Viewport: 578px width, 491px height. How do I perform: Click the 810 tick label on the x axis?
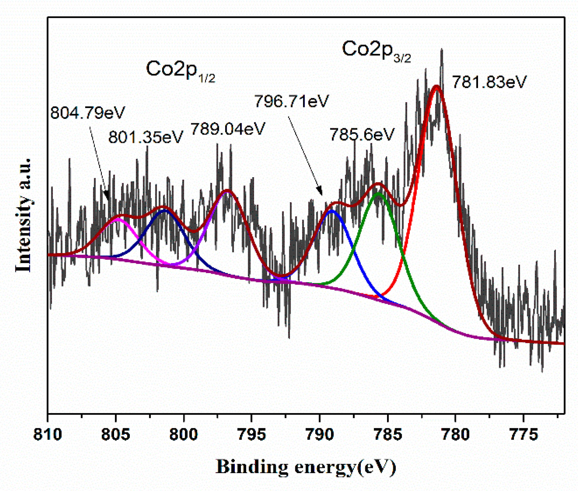click(x=47, y=435)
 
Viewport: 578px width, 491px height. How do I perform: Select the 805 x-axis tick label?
click(x=115, y=435)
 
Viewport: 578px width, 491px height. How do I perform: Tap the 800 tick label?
click(x=184, y=435)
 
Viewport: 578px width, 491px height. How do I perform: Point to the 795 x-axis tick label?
click(x=252, y=435)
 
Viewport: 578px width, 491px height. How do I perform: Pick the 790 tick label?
click(x=319, y=435)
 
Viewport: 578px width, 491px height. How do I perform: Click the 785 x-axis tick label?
click(x=388, y=435)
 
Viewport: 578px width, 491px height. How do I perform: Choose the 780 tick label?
click(x=455, y=435)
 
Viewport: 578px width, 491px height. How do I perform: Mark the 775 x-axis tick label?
click(x=523, y=435)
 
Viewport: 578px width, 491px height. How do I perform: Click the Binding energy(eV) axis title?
click(x=306, y=467)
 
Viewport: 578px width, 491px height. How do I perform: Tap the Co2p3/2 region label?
click(x=376, y=51)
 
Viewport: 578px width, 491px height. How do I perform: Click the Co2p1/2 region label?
click(x=180, y=71)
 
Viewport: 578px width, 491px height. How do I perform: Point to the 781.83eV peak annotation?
click(x=489, y=82)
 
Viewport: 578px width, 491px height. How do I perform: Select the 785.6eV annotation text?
click(x=362, y=134)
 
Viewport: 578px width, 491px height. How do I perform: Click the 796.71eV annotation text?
click(x=291, y=101)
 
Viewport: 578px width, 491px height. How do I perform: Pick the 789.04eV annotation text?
click(x=228, y=129)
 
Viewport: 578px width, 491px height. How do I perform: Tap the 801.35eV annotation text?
click(x=145, y=137)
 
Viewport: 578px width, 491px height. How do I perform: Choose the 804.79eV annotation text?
click(x=87, y=112)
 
